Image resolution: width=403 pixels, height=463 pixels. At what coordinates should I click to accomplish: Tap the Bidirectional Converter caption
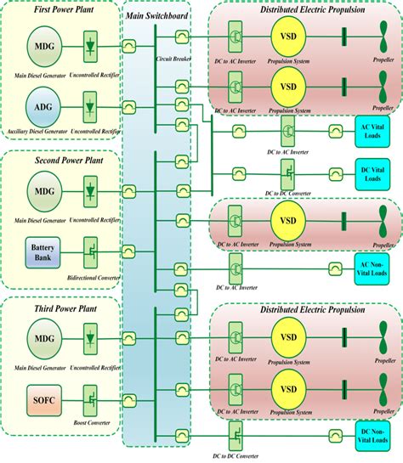(x=89, y=277)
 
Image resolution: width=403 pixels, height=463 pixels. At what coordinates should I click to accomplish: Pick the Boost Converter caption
(x=89, y=421)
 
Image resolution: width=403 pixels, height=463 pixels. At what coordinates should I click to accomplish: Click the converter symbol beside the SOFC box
(x=89, y=397)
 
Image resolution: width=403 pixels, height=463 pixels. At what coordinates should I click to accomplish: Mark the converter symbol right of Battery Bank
(x=89, y=251)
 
